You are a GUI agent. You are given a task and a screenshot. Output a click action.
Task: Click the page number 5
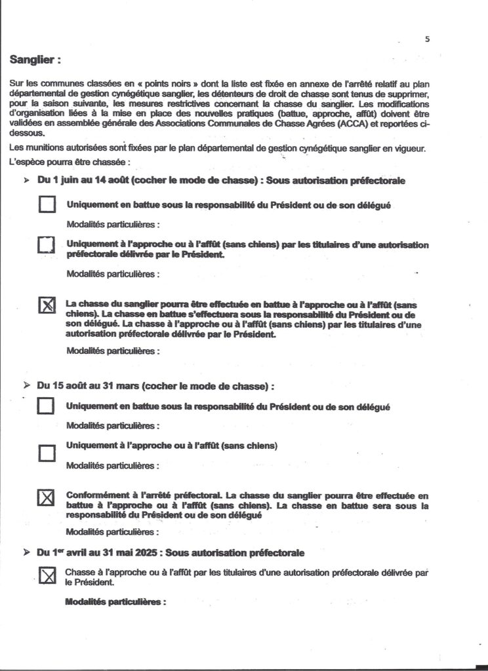coord(427,39)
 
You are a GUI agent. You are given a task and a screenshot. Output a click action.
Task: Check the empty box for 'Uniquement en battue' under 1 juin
coord(47,205)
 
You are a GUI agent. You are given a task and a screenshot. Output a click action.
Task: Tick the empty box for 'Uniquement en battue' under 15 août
coord(46,407)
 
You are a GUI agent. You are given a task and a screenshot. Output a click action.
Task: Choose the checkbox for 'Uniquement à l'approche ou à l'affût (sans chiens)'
coord(46,453)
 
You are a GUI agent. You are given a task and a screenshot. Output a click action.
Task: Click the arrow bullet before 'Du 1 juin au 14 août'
coord(27,180)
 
